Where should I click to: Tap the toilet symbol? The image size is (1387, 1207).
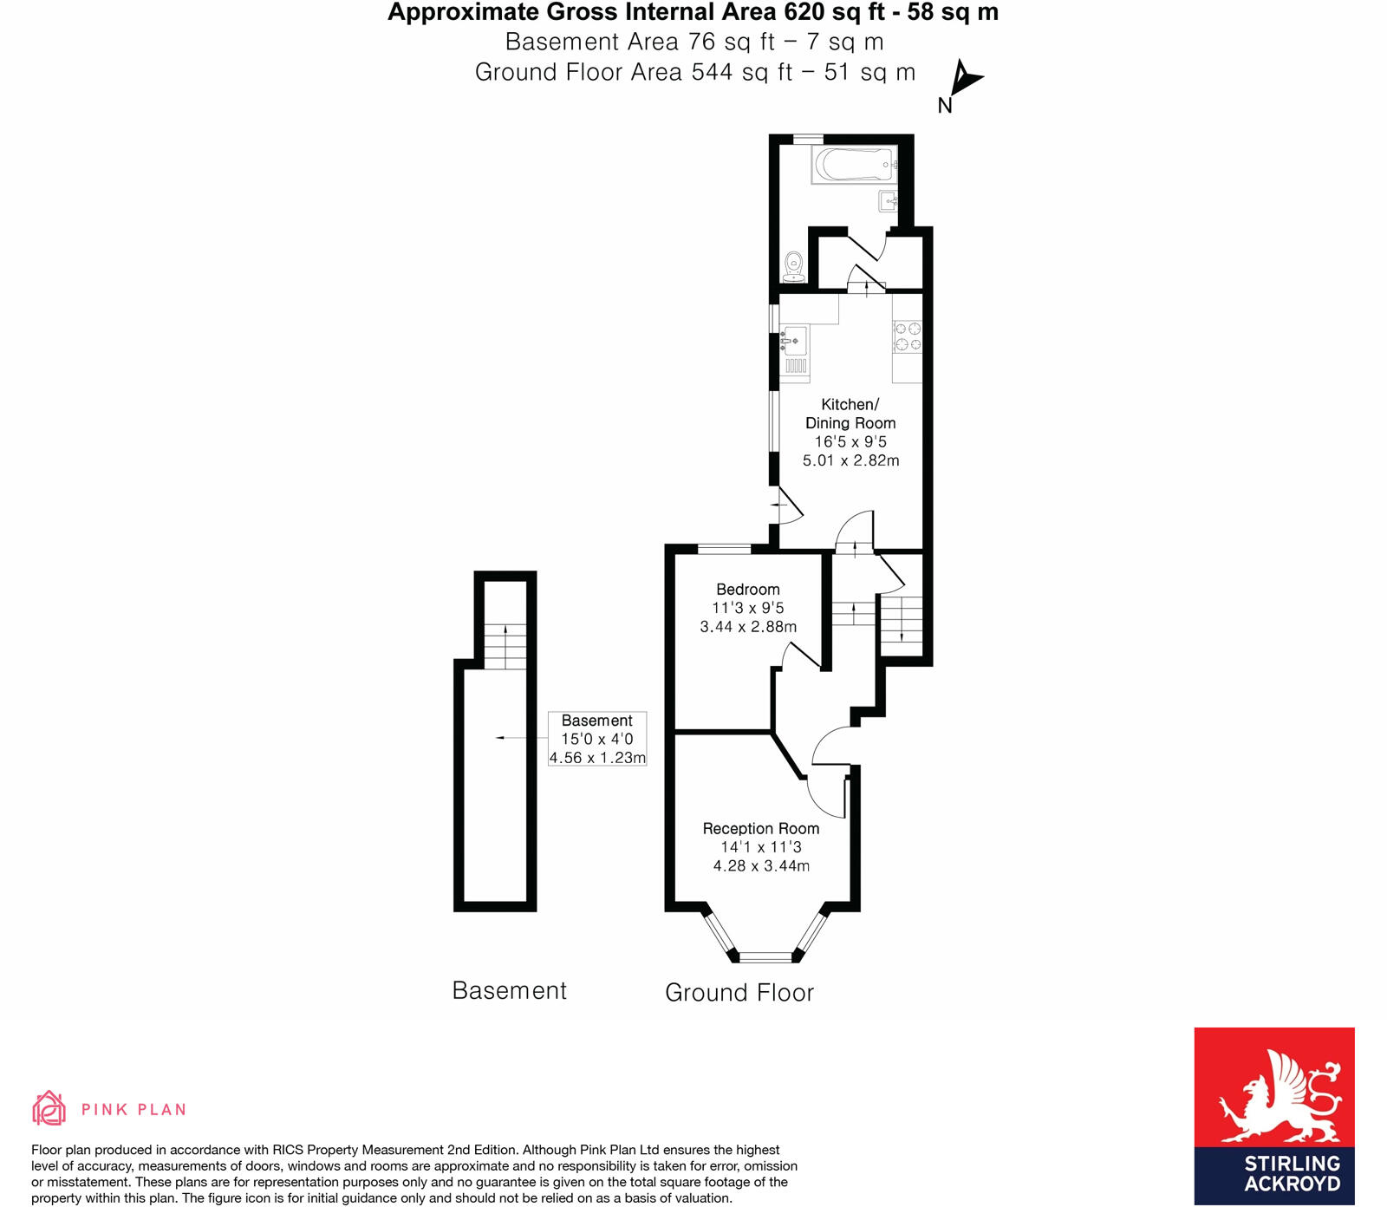[x=793, y=267]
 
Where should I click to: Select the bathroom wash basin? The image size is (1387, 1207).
[x=889, y=201]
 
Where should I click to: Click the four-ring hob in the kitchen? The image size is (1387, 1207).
[x=908, y=336]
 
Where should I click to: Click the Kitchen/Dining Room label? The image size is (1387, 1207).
[x=850, y=414]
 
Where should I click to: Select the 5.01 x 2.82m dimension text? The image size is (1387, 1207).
[x=850, y=460]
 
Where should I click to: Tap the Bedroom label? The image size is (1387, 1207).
[x=747, y=590]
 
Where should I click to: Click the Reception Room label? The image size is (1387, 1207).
[x=760, y=829]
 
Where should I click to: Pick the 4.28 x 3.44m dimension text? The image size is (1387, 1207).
[x=761, y=866]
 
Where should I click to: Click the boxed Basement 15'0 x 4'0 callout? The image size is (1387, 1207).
[x=597, y=739]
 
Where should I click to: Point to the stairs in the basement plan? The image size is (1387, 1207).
[x=505, y=646]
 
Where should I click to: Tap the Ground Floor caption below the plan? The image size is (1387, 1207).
[x=739, y=993]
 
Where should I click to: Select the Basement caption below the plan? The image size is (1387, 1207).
[x=509, y=991]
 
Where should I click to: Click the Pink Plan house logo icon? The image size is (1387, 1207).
[x=49, y=1108]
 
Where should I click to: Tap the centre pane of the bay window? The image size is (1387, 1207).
[x=765, y=957]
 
